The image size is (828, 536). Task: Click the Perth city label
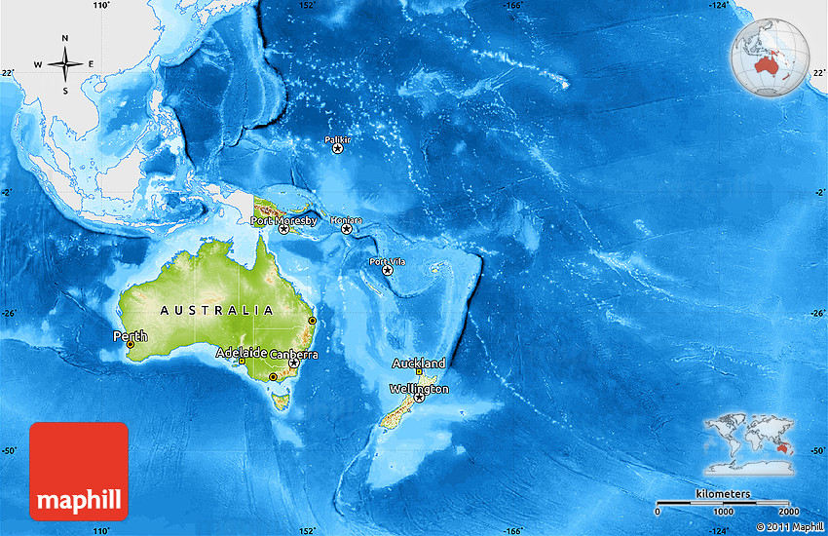[x=131, y=336]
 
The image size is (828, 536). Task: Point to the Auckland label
[x=419, y=363]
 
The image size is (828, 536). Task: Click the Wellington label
[x=419, y=388]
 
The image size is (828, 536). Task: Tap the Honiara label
[x=346, y=220]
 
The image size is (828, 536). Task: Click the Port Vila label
[x=387, y=261]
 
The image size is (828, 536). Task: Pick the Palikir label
[x=337, y=140]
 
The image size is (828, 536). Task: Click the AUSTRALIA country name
[x=216, y=310]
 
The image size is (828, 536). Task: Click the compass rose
[x=65, y=64]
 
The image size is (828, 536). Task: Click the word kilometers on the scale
[x=723, y=494]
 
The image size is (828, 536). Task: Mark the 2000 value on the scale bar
[x=788, y=512]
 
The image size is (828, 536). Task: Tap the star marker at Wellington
[x=420, y=398]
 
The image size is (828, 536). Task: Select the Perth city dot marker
[x=131, y=344]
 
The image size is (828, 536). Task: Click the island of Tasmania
[x=282, y=399]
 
